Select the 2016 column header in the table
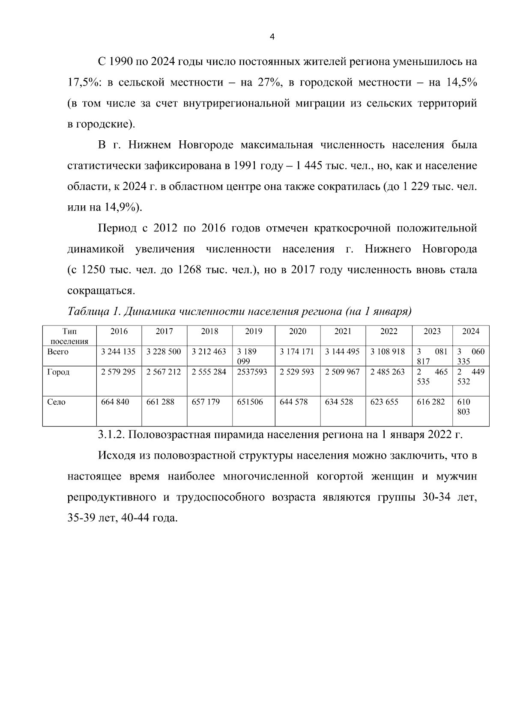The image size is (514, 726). [x=119, y=332]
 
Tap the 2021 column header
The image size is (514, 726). [x=342, y=332]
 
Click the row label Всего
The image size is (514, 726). [x=57, y=352]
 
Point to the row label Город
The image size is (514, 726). [x=58, y=372]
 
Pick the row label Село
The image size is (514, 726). [x=56, y=402]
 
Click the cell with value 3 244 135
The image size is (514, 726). [x=118, y=352]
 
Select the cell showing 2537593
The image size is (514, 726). [x=252, y=372]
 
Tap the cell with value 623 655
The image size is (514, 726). [x=384, y=402]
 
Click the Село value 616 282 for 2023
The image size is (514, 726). [x=430, y=402]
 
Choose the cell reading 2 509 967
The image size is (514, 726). [x=342, y=372]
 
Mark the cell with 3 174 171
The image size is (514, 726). [x=297, y=352]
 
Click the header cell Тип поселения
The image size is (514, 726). [x=69, y=336]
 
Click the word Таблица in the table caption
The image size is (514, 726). [x=88, y=311]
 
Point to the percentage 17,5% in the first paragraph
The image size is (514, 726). [x=84, y=83]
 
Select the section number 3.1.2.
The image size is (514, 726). [x=111, y=435]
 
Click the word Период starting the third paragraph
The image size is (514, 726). [x=117, y=228]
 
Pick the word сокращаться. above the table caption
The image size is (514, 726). [x=102, y=291]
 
